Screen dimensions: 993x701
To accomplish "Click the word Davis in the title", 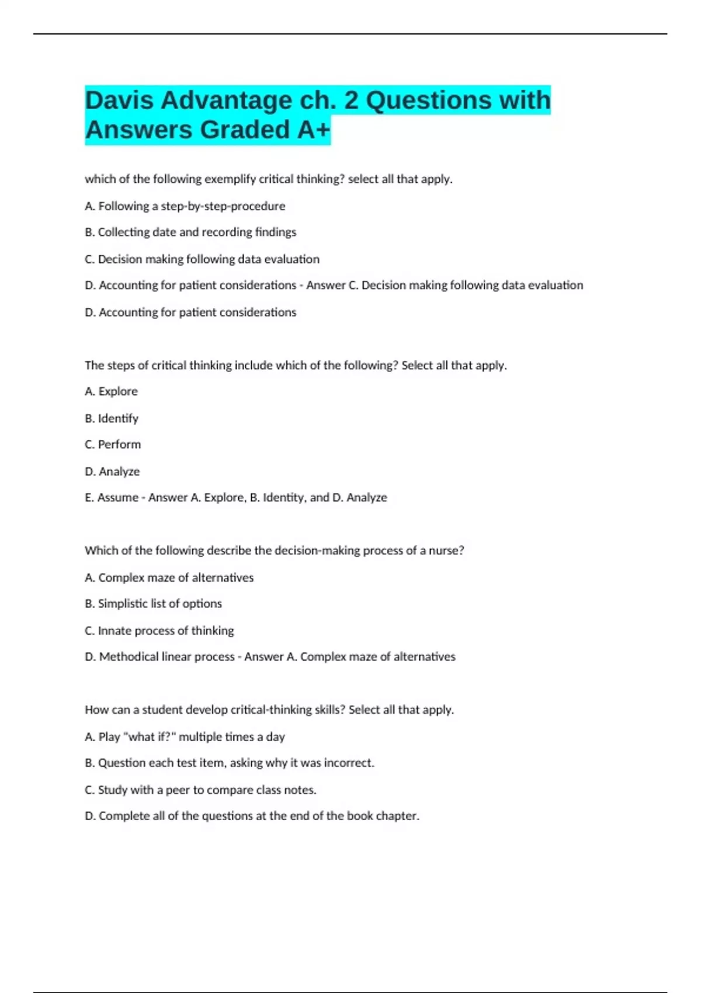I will tap(119, 100).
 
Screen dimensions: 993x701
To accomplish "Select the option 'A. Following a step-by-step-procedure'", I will tap(185, 206).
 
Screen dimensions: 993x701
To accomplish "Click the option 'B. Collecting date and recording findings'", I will tap(190, 232).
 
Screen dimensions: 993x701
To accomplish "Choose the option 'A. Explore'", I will tap(111, 391).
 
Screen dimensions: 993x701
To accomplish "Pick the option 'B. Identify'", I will tap(111, 418).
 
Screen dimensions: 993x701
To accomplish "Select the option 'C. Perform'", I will tap(113, 445).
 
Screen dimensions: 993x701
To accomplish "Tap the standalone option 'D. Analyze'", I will tap(112, 471).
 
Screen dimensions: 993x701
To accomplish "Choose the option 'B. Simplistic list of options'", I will tap(153, 603).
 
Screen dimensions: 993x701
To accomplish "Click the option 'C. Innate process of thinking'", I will tap(159, 631).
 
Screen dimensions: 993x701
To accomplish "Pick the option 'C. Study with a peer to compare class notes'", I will tap(200, 790).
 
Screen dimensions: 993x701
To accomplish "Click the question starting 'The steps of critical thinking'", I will tap(296, 366).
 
